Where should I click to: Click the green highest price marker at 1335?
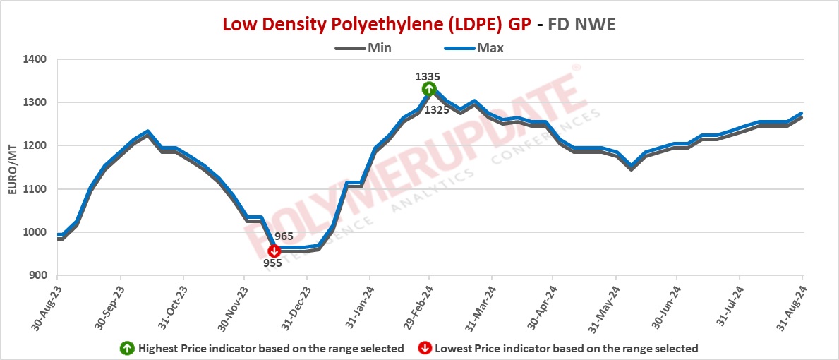429,89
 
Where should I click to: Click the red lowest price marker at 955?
274,251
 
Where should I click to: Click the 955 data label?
272,263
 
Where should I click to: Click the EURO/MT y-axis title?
11,168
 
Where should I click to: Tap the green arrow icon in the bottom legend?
128,348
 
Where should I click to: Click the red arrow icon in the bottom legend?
425,348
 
